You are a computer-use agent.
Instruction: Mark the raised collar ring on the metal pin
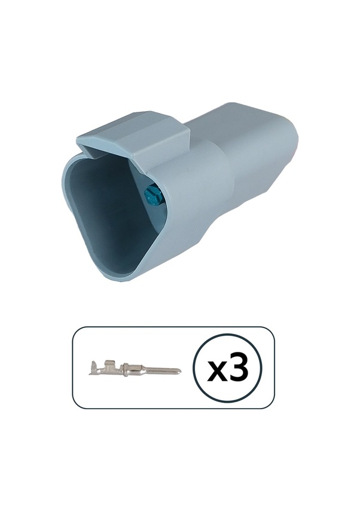coord(124,369)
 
